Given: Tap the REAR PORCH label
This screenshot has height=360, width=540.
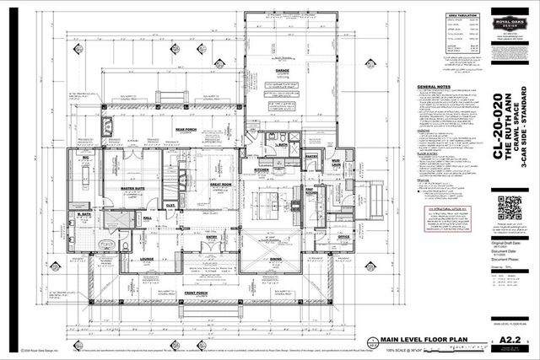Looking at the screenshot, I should click(186, 129).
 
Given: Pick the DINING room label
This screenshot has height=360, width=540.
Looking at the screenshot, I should click(276, 260).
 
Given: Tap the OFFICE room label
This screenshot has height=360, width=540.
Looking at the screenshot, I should click(344, 238).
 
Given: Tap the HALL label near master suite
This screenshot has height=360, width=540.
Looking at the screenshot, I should click(148, 218).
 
